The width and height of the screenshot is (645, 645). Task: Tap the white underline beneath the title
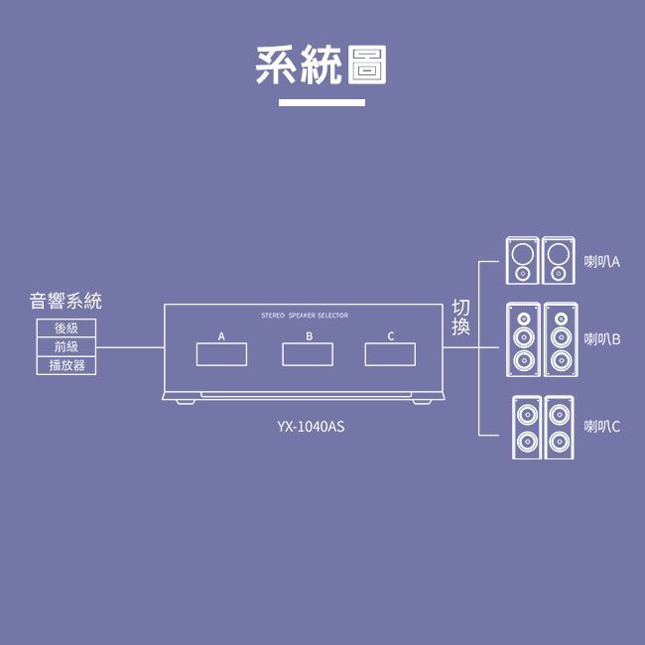pos(322,102)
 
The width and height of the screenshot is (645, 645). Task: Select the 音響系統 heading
pos(65,301)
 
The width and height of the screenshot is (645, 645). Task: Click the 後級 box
pos(65,328)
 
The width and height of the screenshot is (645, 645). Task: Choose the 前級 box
pos(65,347)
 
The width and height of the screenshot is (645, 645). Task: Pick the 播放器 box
pos(65,366)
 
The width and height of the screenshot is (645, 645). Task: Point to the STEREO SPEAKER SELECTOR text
pos(304,316)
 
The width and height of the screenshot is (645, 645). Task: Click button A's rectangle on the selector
pos(221,353)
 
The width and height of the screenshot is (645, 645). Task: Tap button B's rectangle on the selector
pos(308,353)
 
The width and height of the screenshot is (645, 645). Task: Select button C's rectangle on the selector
pos(391,353)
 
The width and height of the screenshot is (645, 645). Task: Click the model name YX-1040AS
pos(312,428)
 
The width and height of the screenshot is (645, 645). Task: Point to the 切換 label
pos(460,317)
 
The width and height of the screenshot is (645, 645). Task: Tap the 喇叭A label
pos(601,262)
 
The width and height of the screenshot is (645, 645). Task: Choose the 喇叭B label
pos(601,339)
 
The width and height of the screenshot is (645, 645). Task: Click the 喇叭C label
pos(601,427)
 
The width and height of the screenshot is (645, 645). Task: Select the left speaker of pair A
pos(523,260)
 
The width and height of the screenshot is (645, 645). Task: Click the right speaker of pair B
pos(561,339)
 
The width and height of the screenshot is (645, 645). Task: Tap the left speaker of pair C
pos(526,427)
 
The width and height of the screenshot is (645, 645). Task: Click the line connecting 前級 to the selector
pos(129,348)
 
